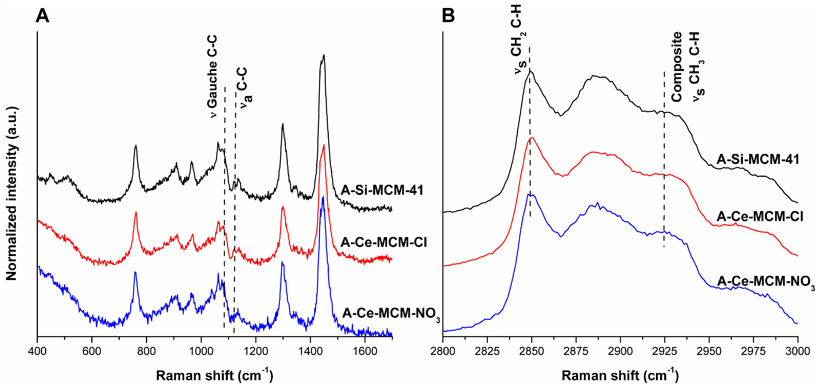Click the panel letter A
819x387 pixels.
pyautogui.click(x=42, y=16)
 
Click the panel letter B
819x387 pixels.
pyautogui.click(x=448, y=16)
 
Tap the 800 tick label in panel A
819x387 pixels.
pyautogui.click(x=146, y=351)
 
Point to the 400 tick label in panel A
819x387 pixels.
pyautogui.click(x=37, y=351)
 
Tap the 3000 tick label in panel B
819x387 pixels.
pyautogui.click(x=797, y=351)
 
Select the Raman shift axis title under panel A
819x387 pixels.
pyautogui.click(x=214, y=375)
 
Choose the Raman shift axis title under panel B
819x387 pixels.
pyautogui.click(x=620, y=375)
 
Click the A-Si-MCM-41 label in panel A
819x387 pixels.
pyautogui.click(x=382, y=190)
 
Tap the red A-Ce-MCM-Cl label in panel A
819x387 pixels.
pyautogui.click(x=384, y=242)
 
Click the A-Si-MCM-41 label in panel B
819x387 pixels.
pyautogui.click(x=758, y=159)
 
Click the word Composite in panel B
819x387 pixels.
pyautogui.click(x=677, y=67)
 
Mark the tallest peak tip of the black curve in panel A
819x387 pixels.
pyautogui.click(x=324, y=55)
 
